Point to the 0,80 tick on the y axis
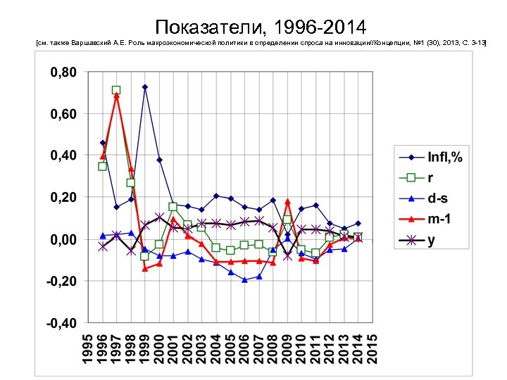click(63, 72)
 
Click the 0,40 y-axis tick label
click(63, 156)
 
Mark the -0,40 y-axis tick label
click(62, 324)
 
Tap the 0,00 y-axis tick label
click(63, 240)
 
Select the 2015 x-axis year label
click(373, 348)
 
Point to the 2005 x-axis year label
click(230, 348)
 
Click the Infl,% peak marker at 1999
click(145, 87)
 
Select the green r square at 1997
click(116, 90)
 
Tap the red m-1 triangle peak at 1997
click(116, 96)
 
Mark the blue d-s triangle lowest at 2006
click(244, 280)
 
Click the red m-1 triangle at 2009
click(287, 201)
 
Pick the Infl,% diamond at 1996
click(102, 143)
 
